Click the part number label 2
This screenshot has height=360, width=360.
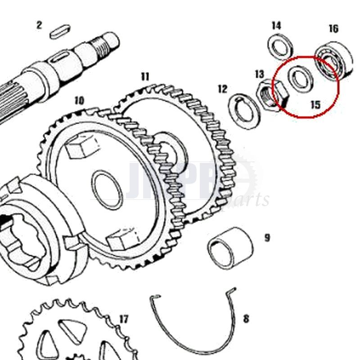pos(39,25)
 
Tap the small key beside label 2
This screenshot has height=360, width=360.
pos(61,31)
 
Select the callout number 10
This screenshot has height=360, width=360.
pos(79,100)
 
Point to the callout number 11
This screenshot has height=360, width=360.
pos(144,76)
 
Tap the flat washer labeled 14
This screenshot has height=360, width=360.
pos(281,46)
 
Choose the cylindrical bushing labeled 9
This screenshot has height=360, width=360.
pos(230,248)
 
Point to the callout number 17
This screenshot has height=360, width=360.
pos(124,319)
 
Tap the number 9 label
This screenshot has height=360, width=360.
pos(267,237)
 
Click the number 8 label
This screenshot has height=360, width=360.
pos(246,319)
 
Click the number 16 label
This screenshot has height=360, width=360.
pos(333,29)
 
